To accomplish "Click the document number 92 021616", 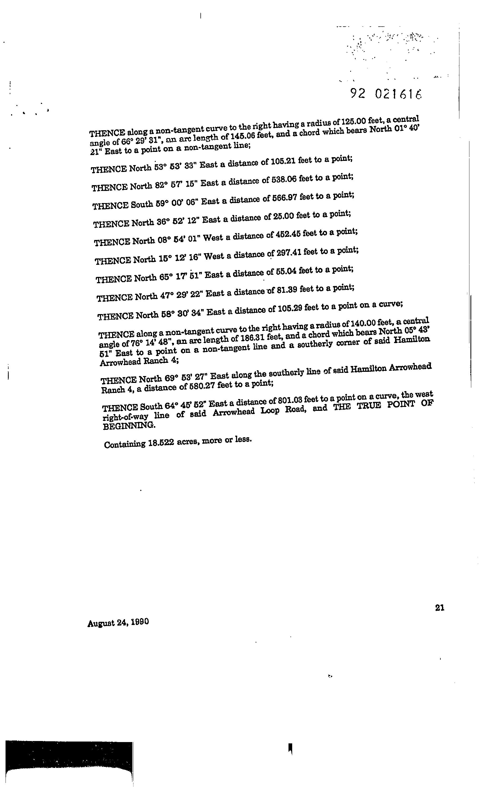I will point(386,94).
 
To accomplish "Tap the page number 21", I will point(440,608).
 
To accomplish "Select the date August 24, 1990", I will point(118,623).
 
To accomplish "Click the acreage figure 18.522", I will point(161,444).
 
